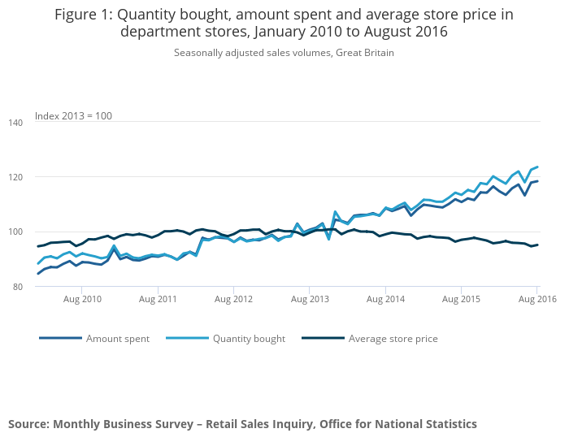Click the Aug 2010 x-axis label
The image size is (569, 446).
pos(82,299)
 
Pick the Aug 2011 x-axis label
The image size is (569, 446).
pos(158,299)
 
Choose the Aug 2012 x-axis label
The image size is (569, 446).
pos(234,299)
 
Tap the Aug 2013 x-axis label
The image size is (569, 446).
pos(310,299)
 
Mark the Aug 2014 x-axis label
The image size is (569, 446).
pos(385,299)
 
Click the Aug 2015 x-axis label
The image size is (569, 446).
pos(461,299)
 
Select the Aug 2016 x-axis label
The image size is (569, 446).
pos(536,299)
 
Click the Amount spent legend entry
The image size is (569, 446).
pos(118,339)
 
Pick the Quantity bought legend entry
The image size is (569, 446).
pos(249,339)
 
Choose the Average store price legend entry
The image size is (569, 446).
pos(393,339)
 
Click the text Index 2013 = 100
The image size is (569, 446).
pos(73,115)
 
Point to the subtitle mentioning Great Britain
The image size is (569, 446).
pos(284,53)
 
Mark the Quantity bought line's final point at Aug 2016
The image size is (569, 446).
pos(537,167)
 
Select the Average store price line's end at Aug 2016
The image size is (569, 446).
pos(537,245)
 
